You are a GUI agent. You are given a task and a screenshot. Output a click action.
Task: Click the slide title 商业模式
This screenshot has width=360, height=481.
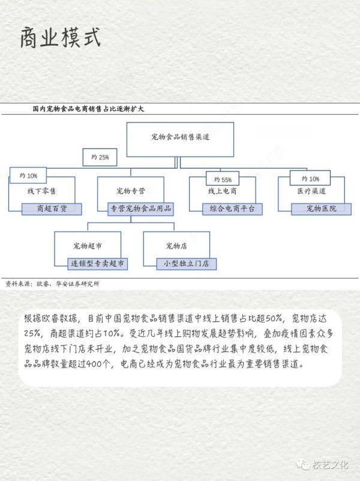tap(61, 38)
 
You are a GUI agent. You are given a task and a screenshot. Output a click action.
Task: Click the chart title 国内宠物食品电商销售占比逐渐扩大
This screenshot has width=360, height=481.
tap(88, 109)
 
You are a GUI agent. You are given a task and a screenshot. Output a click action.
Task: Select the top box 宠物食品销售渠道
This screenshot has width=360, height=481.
tap(180, 139)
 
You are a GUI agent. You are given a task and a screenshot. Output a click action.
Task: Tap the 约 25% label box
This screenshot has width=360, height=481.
tap(100, 157)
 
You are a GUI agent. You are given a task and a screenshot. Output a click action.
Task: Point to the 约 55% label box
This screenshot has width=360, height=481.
tap(223, 179)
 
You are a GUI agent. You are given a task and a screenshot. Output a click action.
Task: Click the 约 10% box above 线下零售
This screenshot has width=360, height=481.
tap(28, 175)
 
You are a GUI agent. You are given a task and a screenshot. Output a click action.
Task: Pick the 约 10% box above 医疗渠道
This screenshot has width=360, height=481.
tap(310, 178)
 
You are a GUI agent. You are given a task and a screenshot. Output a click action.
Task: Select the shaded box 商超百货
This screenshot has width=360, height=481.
tap(52, 209)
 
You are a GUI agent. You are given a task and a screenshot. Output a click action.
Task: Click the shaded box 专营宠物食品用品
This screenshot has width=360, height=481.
tap(140, 209)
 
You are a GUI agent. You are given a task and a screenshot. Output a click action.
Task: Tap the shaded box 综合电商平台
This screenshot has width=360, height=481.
tap(232, 209)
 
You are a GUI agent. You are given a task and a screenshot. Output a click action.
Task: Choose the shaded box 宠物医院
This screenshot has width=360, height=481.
tap(322, 209)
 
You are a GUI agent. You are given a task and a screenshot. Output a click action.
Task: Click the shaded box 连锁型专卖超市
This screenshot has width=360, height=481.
tap(97, 264)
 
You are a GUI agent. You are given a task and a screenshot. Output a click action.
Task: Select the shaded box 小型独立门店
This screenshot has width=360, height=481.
tap(186, 264)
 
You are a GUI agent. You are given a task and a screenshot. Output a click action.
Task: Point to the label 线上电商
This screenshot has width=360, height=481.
tap(223, 191)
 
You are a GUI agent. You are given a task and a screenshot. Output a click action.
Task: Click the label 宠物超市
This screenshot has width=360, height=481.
tap(88, 246)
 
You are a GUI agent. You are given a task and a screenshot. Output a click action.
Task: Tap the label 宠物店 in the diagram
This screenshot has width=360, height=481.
tap(176, 246)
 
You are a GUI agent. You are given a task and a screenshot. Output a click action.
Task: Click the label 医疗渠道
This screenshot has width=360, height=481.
tap(311, 191)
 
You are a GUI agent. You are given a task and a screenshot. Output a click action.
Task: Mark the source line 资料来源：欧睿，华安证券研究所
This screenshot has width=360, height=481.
tap(52, 284)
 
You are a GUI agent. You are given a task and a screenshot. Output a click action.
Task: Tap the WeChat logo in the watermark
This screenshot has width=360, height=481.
tap(303, 465)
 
